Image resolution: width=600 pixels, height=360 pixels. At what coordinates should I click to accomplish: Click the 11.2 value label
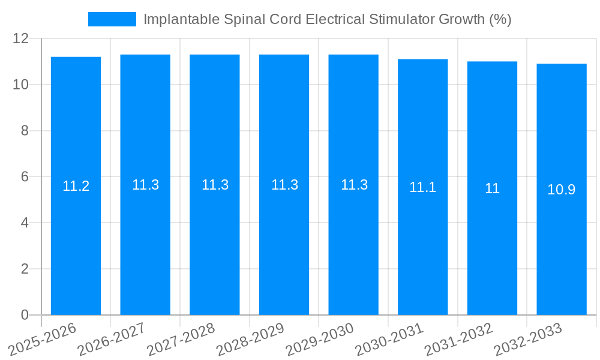point(76,186)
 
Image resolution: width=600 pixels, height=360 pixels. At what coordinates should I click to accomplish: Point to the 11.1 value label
point(423,187)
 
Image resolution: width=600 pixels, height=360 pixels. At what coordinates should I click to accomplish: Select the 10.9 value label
point(562,190)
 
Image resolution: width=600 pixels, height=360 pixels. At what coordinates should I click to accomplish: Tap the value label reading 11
point(492,188)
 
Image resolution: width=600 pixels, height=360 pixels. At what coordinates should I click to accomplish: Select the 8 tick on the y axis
point(25,131)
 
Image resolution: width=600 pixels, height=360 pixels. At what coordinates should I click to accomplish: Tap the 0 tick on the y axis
point(25,315)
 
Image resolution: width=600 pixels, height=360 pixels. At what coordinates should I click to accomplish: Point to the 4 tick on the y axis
point(25,223)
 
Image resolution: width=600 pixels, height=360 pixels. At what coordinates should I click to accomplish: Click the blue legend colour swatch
point(112,19)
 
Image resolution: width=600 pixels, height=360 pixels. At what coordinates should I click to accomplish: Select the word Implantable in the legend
point(181,19)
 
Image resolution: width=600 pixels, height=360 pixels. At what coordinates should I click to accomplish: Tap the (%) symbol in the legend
point(500,19)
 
